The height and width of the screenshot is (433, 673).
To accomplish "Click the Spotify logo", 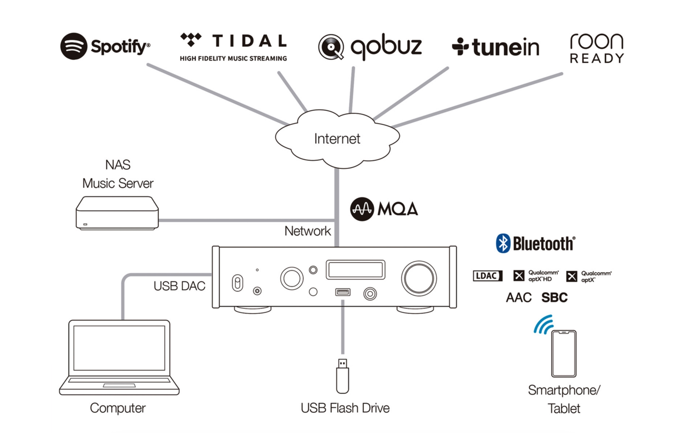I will (x=105, y=46).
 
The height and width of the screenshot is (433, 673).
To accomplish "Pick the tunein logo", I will (x=496, y=48).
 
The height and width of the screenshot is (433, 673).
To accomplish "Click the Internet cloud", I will (x=337, y=139).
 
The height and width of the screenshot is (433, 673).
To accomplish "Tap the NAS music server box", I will (x=117, y=213).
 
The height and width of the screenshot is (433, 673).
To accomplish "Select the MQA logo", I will (x=384, y=209).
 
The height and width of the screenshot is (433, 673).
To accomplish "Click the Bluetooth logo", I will (x=536, y=243).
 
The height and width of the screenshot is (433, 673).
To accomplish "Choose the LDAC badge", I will (x=487, y=276).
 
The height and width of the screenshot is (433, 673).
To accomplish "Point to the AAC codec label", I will (x=518, y=298).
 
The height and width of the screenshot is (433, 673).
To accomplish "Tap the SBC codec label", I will (x=555, y=298).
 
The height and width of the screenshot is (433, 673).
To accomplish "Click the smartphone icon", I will (x=564, y=353).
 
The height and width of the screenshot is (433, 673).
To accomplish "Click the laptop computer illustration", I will (x=119, y=357).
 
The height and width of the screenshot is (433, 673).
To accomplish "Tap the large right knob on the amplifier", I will (x=419, y=278).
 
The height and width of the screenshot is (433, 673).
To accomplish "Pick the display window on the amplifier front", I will (x=355, y=270).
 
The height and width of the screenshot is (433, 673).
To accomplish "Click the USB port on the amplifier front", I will (x=343, y=292).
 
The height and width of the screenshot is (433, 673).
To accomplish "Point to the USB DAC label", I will (x=179, y=286).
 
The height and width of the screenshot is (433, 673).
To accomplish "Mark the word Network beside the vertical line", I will (x=307, y=231).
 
